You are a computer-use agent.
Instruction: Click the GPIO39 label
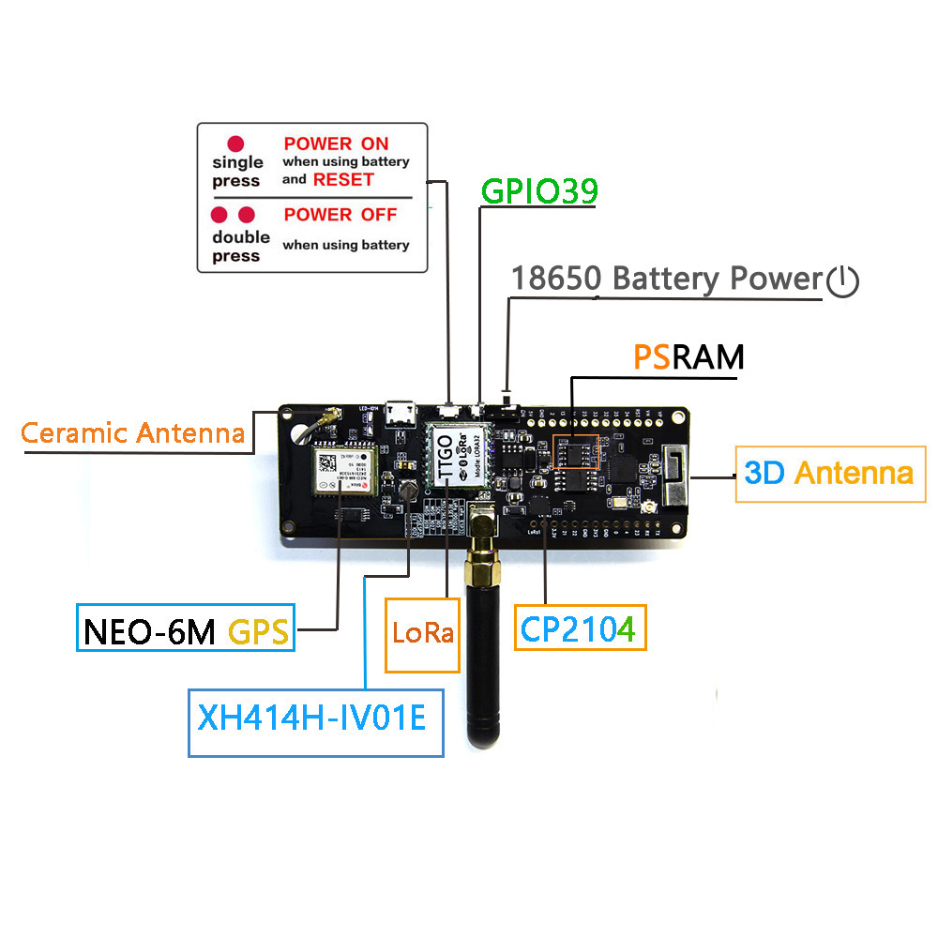click(x=539, y=191)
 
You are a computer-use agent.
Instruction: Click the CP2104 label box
click(x=579, y=628)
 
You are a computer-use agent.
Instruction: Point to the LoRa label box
click(x=423, y=635)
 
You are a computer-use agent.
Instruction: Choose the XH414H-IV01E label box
click(x=315, y=722)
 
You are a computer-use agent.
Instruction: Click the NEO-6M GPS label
click(x=185, y=629)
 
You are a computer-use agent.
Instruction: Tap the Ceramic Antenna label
click(x=133, y=433)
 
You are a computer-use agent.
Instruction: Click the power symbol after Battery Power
click(x=842, y=280)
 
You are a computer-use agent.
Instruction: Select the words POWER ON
click(x=336, y=144)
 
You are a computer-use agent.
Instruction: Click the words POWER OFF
click(x=340, y=215)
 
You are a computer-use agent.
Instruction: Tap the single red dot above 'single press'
click(x=235, y=144)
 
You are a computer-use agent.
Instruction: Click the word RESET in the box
click(x=343, y=179)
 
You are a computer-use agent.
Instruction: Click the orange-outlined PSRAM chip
click(x=575, y=452)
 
